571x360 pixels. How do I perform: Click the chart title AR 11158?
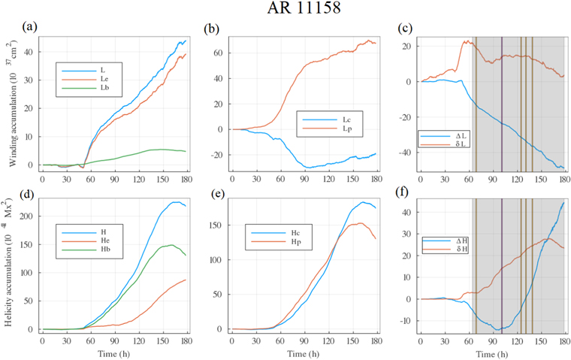[x=285, y=10]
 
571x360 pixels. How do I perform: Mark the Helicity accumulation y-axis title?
[x=10, y=263]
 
